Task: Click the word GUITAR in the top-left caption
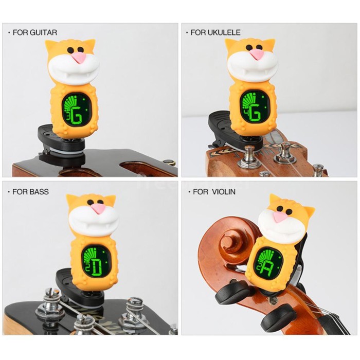(43, 32)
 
